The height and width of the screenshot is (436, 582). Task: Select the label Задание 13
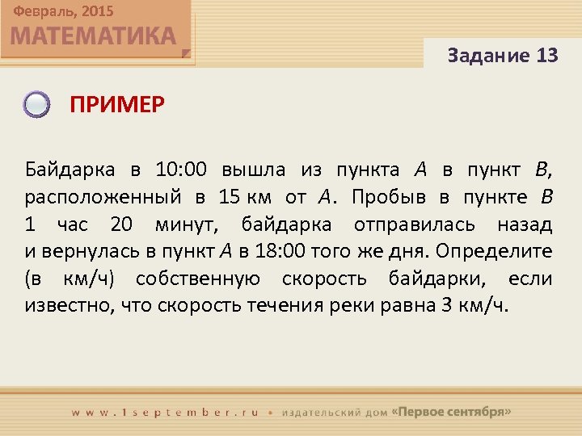(502, 56)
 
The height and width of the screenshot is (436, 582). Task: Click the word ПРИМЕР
(116, 104)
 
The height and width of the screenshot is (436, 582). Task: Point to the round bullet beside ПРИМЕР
(36, 105)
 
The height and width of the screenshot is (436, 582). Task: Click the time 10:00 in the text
(179, 170)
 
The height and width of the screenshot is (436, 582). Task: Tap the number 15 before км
(230, 198)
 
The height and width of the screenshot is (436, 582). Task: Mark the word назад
(524, 225)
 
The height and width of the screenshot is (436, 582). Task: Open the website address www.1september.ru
(165, 412)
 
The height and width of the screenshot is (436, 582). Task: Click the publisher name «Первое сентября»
(451, 411)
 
